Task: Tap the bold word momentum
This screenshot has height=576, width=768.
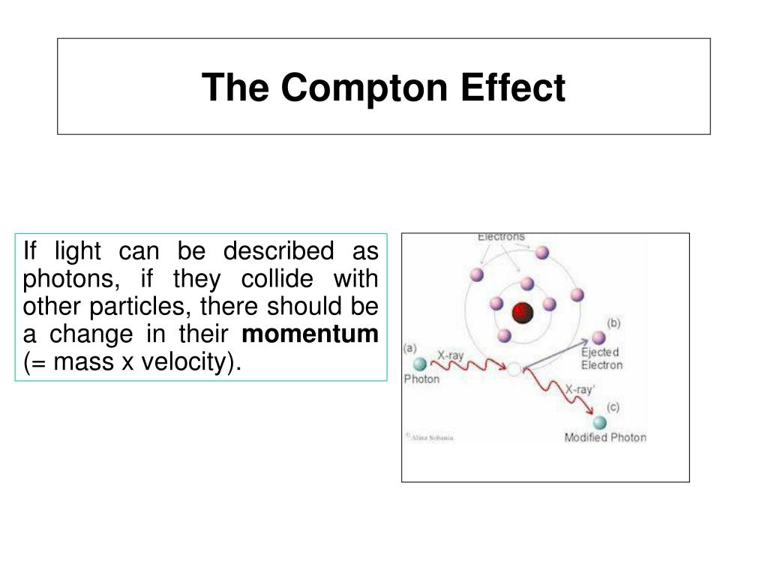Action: (x=310, y=334)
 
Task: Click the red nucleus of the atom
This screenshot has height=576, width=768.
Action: (x=522, y=313)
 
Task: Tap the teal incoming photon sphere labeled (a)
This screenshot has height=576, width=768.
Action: (x=420, y=364)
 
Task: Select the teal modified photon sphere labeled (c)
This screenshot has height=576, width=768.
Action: (x=600, y=422)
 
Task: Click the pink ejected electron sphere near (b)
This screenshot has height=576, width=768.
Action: (x=598, y=337)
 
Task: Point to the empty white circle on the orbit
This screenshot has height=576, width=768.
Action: (x=514, y=369)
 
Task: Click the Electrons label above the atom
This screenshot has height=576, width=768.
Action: (x=501, y=238)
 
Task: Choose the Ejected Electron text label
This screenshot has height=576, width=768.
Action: (x=601, y=358)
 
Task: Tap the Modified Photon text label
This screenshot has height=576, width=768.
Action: (x=604, y=437)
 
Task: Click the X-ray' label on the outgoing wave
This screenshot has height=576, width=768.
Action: (x=580, y=389)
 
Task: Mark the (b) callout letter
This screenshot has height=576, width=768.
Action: (x=613, y=323)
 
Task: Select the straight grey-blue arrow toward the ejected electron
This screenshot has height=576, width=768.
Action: (x=555, y=354)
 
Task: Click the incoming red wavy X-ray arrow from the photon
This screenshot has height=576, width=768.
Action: (x=469, y=365)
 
